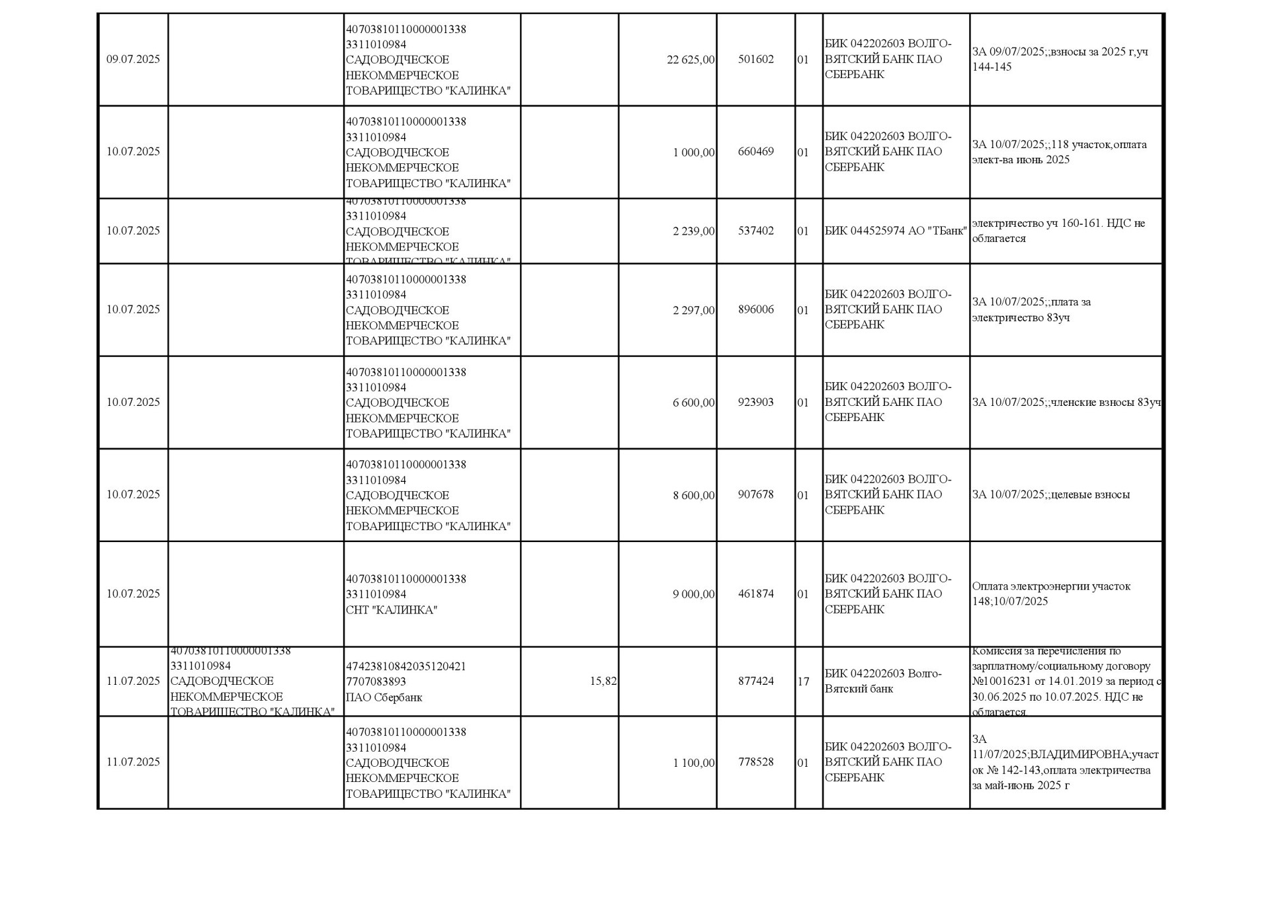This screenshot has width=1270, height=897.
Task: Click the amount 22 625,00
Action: [x=690, y=59]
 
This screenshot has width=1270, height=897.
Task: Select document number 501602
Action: [x=755, y=59]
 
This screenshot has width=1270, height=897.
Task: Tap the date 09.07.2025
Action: [x=133, y=59]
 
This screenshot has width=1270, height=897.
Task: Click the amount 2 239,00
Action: [x=693, y=231]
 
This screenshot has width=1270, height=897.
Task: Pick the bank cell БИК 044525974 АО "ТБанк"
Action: [x=895, y=231]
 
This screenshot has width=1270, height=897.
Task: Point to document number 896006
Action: [x=755, y=309]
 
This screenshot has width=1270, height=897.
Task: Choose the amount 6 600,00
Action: [x=693, y=402]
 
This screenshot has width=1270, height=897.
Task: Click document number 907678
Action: [x=755, y=494]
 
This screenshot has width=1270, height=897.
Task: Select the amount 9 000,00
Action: [x=693, y=594]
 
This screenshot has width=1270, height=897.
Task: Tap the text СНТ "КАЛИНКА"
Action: [x=391, y=609]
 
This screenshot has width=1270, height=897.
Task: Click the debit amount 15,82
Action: [x=603, y=681]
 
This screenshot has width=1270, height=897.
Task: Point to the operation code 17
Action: [x=803, y=682]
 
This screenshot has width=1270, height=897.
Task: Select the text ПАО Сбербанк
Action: [x=384, y=697]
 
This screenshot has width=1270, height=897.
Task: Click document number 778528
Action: [x=755, y=761]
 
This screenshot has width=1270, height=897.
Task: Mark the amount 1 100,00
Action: [x=693, y=762]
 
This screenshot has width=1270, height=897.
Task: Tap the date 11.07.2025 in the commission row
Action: [x=133, y=681]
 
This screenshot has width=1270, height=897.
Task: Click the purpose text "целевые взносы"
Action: [x=1050, y=494]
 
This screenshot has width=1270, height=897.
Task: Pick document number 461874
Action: [x=755, y=594]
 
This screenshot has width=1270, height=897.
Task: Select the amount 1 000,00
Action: [x=693, y=152]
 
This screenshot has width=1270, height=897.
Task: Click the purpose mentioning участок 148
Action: [x=1050, y=594]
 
